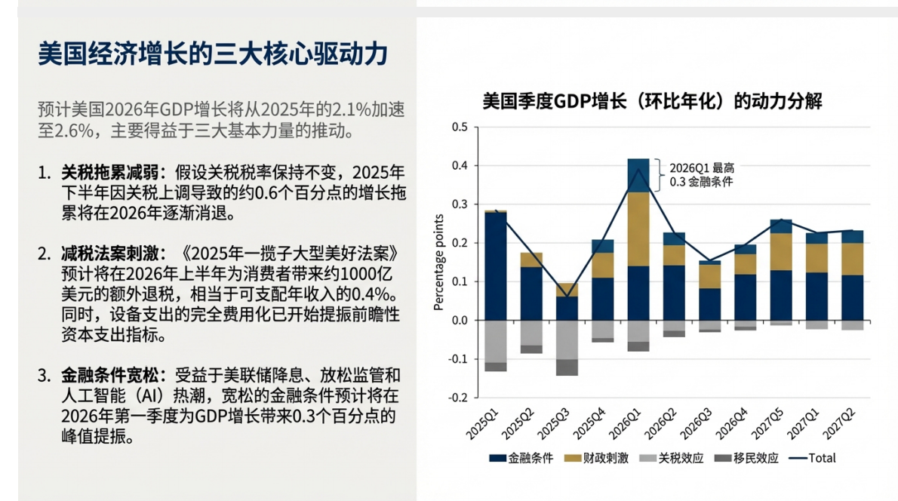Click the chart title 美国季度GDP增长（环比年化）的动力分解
point(652,102)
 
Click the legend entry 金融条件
point(521,457)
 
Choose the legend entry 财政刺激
point(595,457)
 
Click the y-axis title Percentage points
point(438,262)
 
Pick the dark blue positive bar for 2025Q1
point(496,266)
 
